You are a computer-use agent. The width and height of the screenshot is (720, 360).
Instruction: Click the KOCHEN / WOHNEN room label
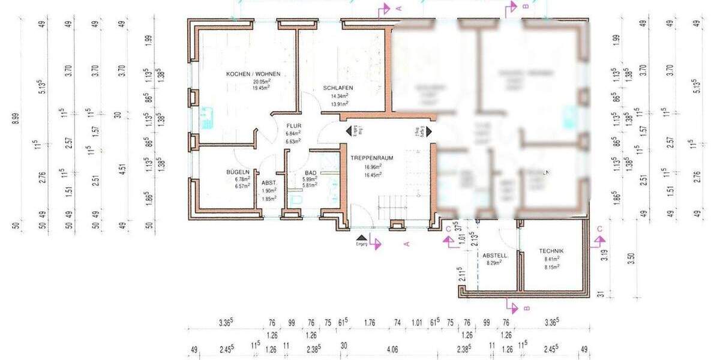coord(253,74)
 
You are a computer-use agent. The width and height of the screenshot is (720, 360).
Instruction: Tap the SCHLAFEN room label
coord(338,88)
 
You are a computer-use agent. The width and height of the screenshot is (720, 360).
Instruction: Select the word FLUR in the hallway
coord(293,126)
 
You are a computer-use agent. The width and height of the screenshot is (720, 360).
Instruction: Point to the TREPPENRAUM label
coord(371,158)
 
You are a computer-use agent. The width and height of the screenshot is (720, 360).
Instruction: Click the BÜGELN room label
coord(238,172)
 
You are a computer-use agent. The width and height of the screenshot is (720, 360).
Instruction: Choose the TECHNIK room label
coord(551,251)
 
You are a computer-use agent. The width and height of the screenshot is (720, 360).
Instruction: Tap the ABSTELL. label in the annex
coord(496,255)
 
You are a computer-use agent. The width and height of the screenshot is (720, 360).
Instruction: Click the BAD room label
coord(310,172)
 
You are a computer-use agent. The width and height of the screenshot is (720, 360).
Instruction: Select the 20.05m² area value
coord(261,81)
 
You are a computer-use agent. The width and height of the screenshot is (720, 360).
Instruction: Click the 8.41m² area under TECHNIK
coord(551,259)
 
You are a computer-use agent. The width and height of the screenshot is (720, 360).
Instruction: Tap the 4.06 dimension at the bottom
coord(392,349)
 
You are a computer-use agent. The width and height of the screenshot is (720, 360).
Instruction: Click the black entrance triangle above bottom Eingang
coord(361,238)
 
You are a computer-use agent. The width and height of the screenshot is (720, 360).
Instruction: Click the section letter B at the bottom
coord(526,308)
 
